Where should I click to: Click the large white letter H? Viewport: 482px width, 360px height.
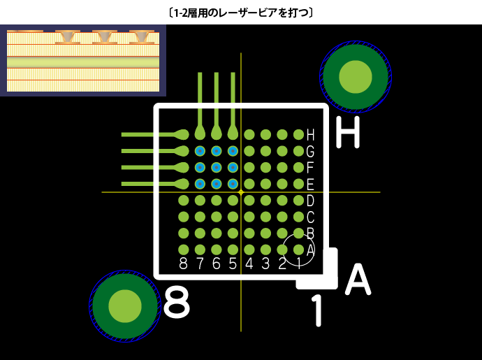click(x=348, y=133)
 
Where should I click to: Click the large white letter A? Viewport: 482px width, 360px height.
click(x=357, y=280)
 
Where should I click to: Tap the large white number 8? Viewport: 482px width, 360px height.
click(x=176, y=303)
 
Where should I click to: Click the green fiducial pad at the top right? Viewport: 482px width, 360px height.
click(x=356, y=76)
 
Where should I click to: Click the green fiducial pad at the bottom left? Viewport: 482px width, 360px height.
click(x=125, y=305)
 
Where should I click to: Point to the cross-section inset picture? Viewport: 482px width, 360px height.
click(x=83, y=60)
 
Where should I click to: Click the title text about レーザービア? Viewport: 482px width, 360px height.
click(x=240, y=12)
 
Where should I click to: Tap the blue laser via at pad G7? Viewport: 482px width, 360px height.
click(x=200, y=151)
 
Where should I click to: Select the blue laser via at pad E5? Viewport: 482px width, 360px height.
click(x=233, y=184)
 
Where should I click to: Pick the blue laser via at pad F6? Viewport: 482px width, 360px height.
click(x=217, y=168)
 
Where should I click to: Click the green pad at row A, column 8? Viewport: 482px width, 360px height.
click(x=184, y=250)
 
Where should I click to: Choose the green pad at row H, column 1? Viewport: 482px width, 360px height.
click(x=298, y=134)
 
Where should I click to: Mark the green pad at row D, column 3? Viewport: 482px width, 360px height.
click(x=265, y=201)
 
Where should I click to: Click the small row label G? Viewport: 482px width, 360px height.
click(x=310, y=151)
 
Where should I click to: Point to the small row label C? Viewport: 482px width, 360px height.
click(x=310, y=217)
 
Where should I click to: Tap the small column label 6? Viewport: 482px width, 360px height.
click(x=216, y=264)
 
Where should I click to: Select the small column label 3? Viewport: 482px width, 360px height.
click(x=265, y=264)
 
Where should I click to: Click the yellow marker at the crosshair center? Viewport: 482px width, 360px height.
click(x=241, y=192)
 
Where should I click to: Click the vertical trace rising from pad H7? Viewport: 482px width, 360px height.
click(x=200, y=98)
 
